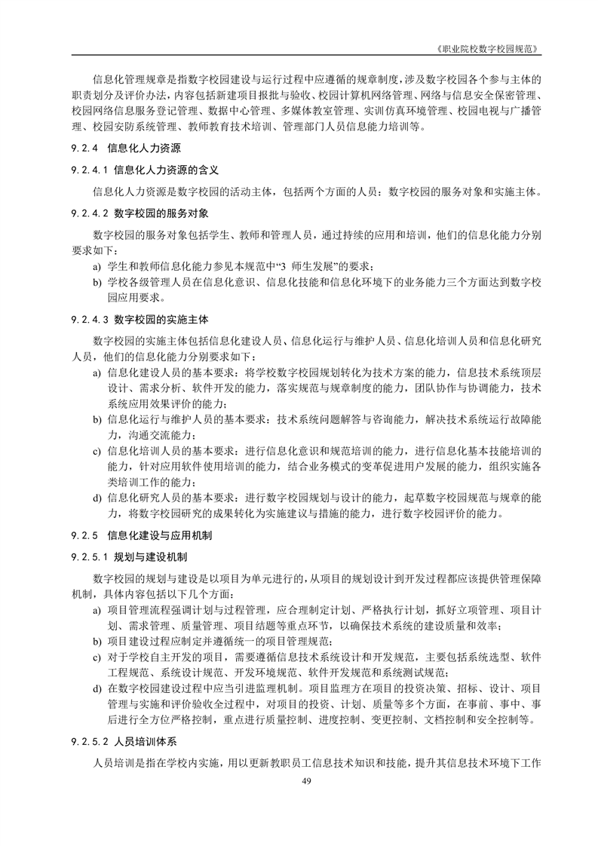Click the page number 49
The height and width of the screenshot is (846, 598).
[306, 780]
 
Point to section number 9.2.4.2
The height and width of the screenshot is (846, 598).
[89, 213]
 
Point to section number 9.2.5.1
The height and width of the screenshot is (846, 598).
[89, 556]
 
